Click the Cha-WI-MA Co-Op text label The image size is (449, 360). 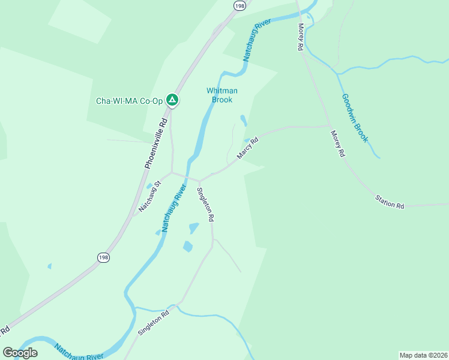tap(129, 101)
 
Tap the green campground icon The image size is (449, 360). tap(172, 100)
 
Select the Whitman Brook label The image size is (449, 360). tap(222, 95)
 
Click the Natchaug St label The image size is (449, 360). tap(150, 197)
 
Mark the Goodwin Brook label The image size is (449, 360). tap(354, 118)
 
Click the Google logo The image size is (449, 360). tap(20, 352)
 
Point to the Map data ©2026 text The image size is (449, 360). tap(423, 355)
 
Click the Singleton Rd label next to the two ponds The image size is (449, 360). tap(205, 205)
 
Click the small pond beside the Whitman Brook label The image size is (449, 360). tap(243, 120)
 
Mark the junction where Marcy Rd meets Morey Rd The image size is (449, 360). tap(330, 126)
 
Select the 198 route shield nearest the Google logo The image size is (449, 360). tap(103, 257)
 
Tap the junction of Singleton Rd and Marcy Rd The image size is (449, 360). tap(200, 180)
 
